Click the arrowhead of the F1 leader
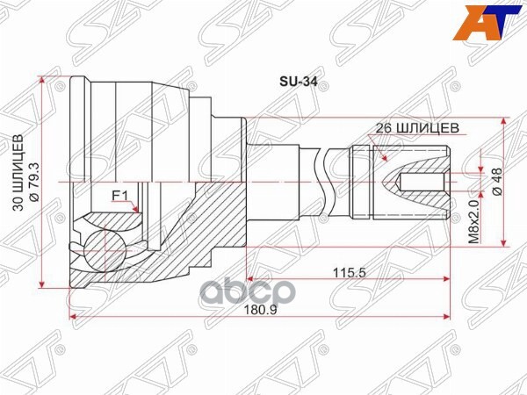point(138,211)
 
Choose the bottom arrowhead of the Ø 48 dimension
point(502,242)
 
